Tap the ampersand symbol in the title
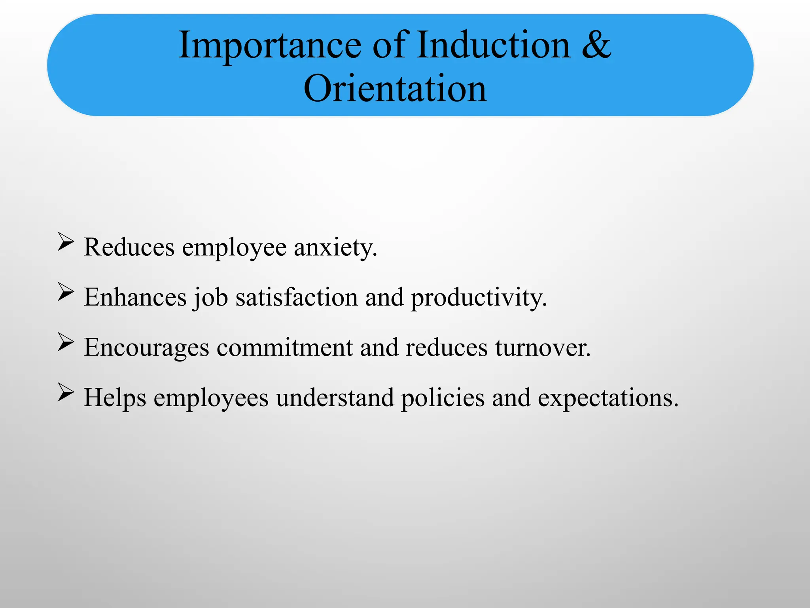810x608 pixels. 596,45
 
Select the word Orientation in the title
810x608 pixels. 395,89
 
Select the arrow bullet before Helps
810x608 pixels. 66,392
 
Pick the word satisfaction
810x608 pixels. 297,297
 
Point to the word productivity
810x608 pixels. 479,298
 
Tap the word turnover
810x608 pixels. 543,348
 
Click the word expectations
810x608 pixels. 608,398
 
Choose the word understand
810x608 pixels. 335,397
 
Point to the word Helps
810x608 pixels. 115,398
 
